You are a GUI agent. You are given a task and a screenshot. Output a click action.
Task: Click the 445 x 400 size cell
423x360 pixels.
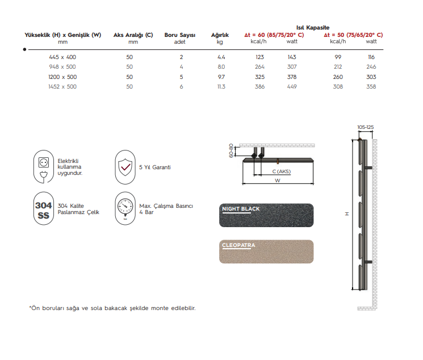point(62,57)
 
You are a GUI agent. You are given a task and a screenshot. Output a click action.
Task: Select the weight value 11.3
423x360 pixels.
point(221,87)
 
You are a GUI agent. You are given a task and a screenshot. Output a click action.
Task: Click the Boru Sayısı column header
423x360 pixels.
point(180,35)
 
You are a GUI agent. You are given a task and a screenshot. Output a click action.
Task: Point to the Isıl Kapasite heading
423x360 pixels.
point(312,27)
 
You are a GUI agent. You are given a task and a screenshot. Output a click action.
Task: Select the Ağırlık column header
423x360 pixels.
point(220,35)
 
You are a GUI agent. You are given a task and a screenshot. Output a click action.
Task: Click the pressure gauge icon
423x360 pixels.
point(125,209)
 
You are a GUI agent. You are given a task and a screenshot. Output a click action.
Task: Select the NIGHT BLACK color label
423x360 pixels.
point(241,209)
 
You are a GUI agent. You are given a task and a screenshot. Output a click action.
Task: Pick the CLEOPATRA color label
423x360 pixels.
point(238,246)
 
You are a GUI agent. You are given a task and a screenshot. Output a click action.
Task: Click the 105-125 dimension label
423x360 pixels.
point(366,127)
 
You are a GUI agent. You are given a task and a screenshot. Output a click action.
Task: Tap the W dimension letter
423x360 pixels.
point(278,181)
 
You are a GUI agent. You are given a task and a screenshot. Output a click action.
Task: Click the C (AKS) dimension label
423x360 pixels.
point(280,171)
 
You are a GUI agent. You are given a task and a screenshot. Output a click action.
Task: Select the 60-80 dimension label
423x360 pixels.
point(232,150)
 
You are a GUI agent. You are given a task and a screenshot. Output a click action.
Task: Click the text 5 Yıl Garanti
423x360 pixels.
point(155,168)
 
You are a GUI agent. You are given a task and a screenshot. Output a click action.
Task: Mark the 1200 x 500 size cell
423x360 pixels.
point(62,77)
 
